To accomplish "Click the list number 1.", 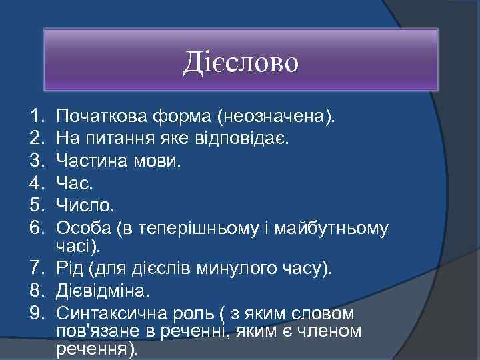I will click(36, 118).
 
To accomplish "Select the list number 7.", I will click(37, 268).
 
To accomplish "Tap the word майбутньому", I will click(335, 228).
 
